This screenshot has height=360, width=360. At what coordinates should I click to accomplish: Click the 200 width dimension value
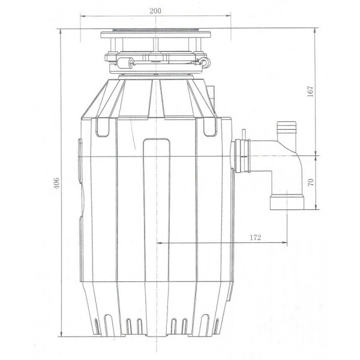pos(155,11)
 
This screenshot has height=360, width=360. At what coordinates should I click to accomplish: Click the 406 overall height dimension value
pos(56,183)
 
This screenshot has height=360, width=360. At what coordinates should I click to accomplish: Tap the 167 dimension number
pos(310,91)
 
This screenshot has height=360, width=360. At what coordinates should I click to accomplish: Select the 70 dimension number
pos(310,182)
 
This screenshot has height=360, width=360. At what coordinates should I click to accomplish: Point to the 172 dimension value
pos(256,237)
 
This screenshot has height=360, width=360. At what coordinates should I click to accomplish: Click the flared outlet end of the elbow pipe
pos(287,202)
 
